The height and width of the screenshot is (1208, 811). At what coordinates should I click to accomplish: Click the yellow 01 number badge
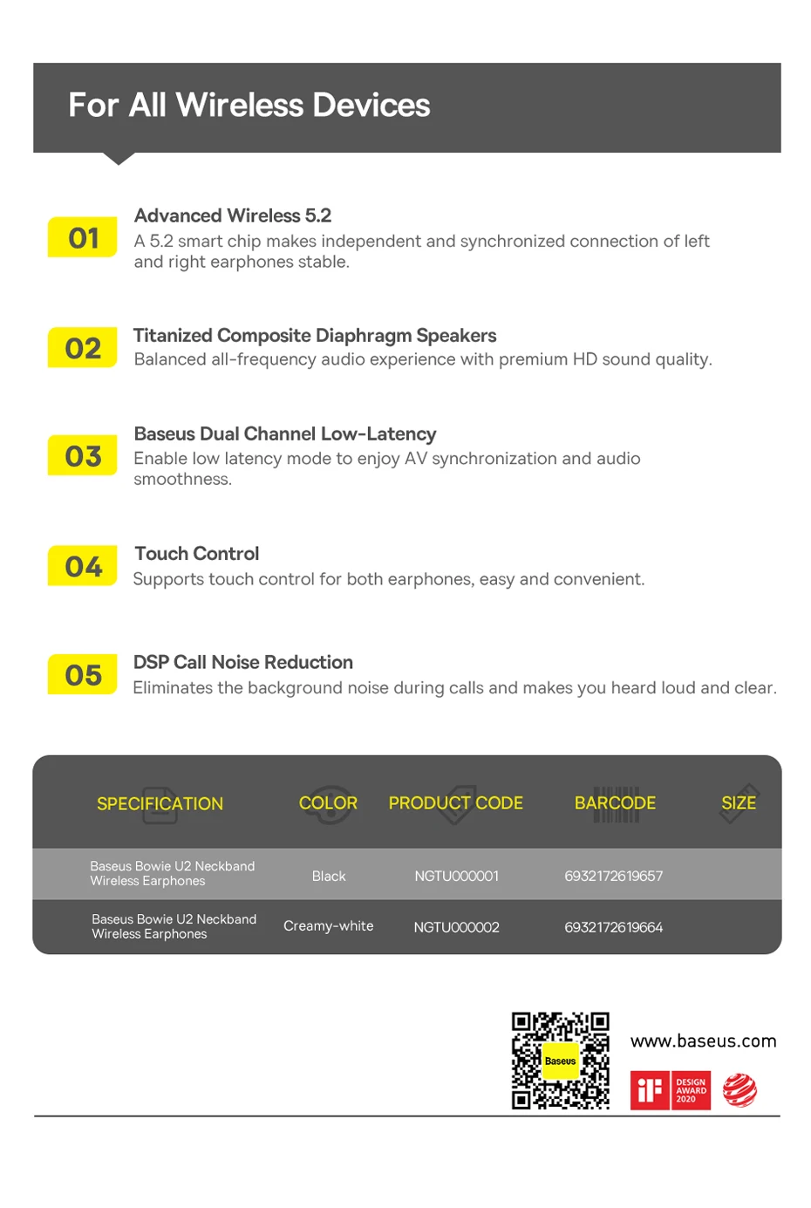pos(83,237)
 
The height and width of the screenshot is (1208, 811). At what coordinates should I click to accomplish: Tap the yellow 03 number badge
pos(83,455)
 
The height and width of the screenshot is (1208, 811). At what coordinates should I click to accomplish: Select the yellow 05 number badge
pos(83,674)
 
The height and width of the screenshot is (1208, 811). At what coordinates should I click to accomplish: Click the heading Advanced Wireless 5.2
pos(233,215)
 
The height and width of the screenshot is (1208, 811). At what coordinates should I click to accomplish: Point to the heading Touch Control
pos(197,554)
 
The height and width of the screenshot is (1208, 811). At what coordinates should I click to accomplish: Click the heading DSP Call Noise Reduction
pos(243,662)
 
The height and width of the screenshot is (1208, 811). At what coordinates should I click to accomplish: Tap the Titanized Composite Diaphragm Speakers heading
pos(315,336)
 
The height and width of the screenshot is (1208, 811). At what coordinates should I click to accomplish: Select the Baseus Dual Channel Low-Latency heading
pos(285,433)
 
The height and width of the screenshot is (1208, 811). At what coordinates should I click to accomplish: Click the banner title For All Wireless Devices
pos(249,106)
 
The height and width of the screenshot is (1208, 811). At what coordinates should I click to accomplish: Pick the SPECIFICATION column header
pos(160,803)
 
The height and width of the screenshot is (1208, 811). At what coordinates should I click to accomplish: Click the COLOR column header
pos(328,802)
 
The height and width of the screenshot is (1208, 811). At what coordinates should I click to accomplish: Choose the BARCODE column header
pos(615,802)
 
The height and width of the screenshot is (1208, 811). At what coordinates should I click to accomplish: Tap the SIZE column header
pos(739,802)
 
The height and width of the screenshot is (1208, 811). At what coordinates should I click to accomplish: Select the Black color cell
pos(329,876)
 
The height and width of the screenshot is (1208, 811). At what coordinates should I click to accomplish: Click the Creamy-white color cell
pos(329,925)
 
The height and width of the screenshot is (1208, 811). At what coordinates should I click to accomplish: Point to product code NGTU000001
pos(457,876)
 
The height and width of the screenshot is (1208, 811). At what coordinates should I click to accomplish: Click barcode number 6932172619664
pos(614,927)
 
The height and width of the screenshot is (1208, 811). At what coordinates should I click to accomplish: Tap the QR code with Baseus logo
pos(561,1061)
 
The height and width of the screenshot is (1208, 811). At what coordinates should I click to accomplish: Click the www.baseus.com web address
pos(703,1041)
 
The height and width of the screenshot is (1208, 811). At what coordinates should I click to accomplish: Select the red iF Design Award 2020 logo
pos(671,1090)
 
